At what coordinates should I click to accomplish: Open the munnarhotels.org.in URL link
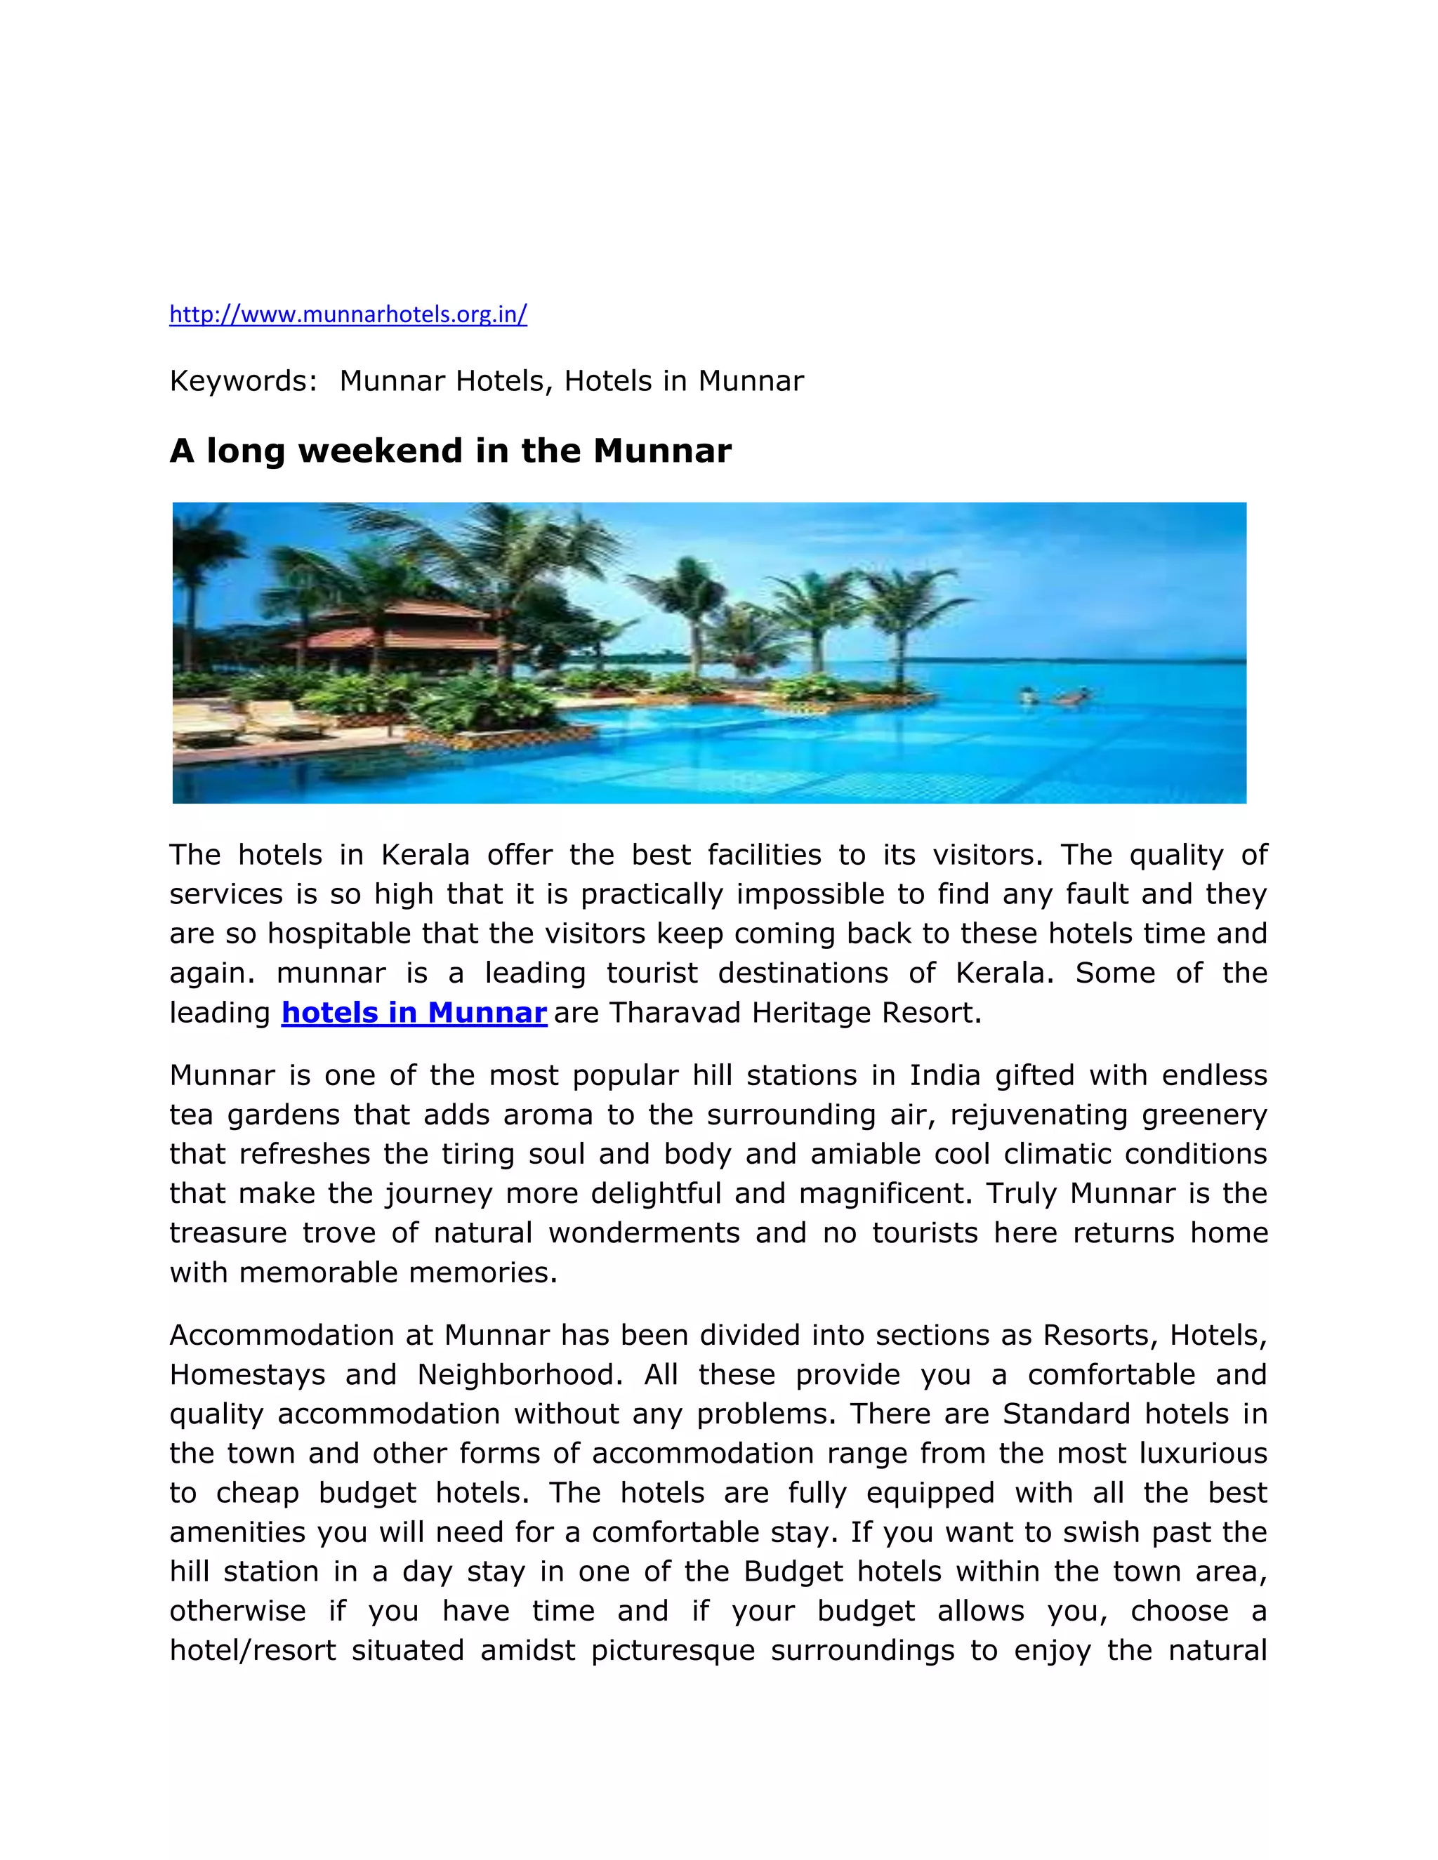point(348,314)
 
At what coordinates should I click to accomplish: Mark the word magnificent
point(884,1193)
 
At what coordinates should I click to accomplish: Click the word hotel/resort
point(253,1651)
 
